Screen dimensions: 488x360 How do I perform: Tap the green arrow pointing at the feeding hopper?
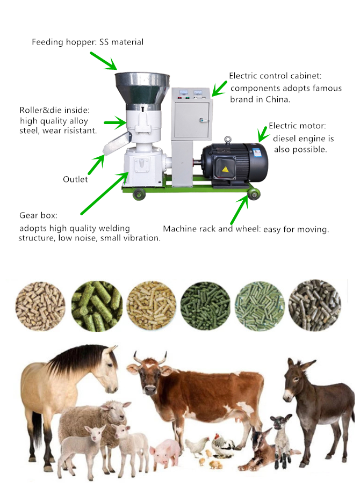click(103, 60)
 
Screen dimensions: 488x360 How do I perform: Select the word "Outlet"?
click(75, 179)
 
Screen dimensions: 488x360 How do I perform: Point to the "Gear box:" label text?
click(38, 215)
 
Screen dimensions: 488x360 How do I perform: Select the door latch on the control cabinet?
click(201, 121)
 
